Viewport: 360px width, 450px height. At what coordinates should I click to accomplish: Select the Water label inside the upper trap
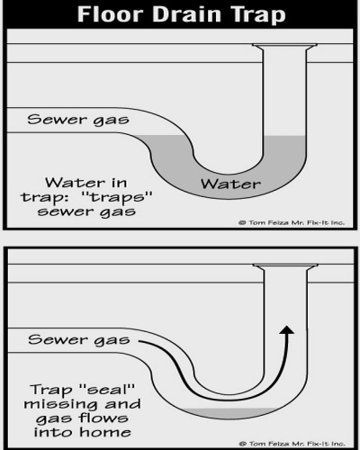[x=230, y=184]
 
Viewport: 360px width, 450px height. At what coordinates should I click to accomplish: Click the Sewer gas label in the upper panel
[x=78, y=120]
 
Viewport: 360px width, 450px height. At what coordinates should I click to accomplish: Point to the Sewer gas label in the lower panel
[x=79, y=340]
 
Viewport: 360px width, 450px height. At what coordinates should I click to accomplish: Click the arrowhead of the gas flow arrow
[x=287, y=330]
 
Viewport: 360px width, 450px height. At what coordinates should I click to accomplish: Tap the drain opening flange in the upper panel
[x=284, y=46]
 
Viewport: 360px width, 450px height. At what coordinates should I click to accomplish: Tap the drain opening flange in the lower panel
[x=285, y=266]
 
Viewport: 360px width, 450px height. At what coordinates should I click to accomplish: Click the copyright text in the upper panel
[x=292, y=222]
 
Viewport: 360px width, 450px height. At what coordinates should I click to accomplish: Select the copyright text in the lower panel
[x=292, y=444]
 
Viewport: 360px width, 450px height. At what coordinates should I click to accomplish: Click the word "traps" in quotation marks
[x=117, y=197]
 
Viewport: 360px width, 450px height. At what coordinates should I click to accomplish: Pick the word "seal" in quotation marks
[x=107, y=390]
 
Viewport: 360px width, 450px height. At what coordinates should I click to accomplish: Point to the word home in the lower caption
[x=105, y=432]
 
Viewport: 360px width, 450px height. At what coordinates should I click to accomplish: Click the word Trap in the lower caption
[x=51, y=391]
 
